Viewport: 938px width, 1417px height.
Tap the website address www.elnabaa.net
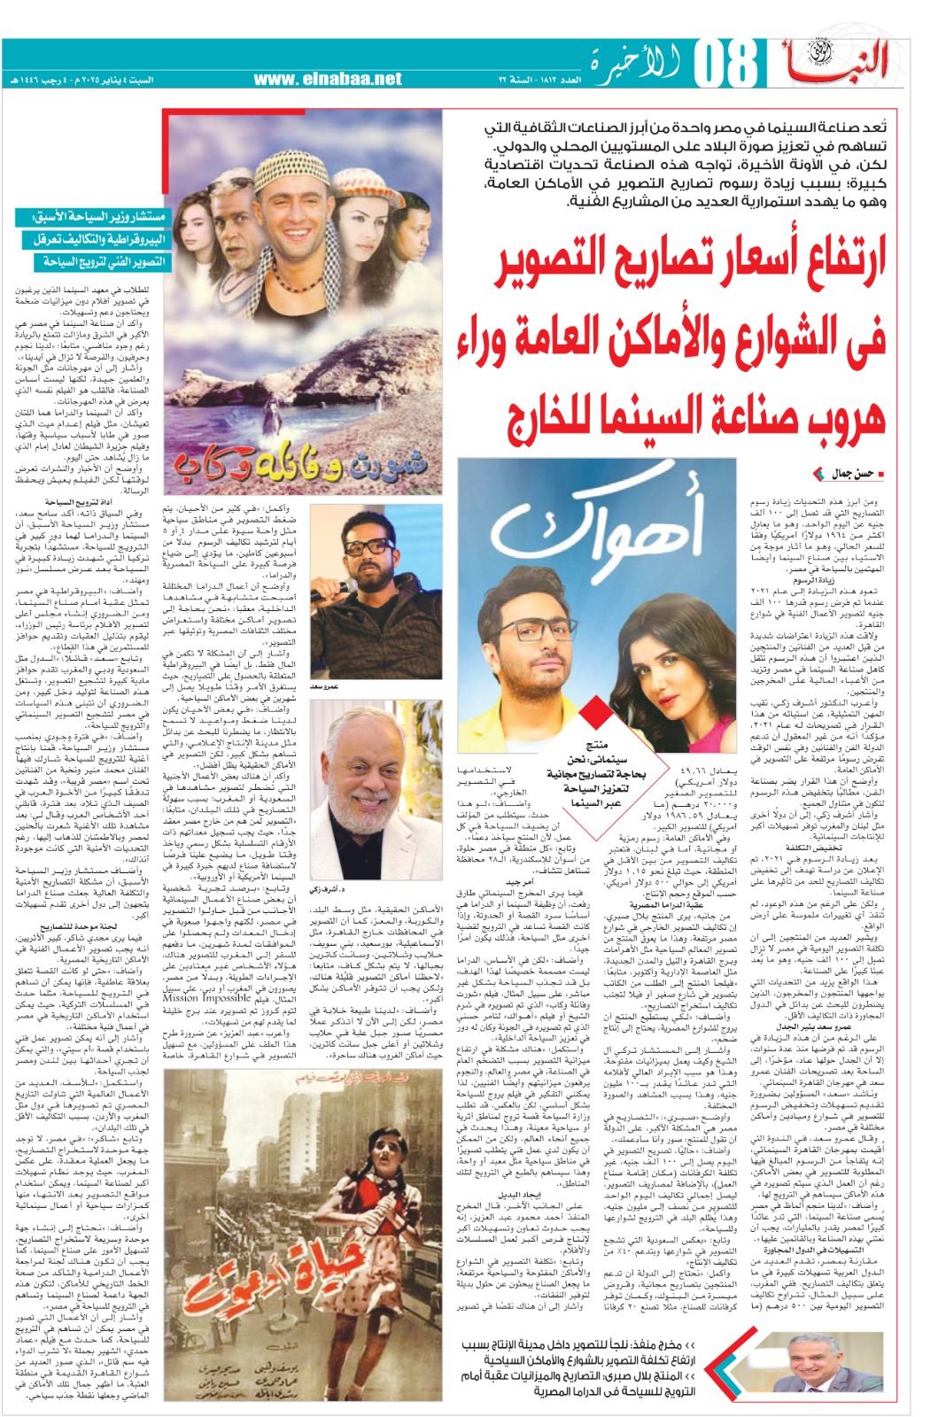pyautogui.click(x=328, y=80)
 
